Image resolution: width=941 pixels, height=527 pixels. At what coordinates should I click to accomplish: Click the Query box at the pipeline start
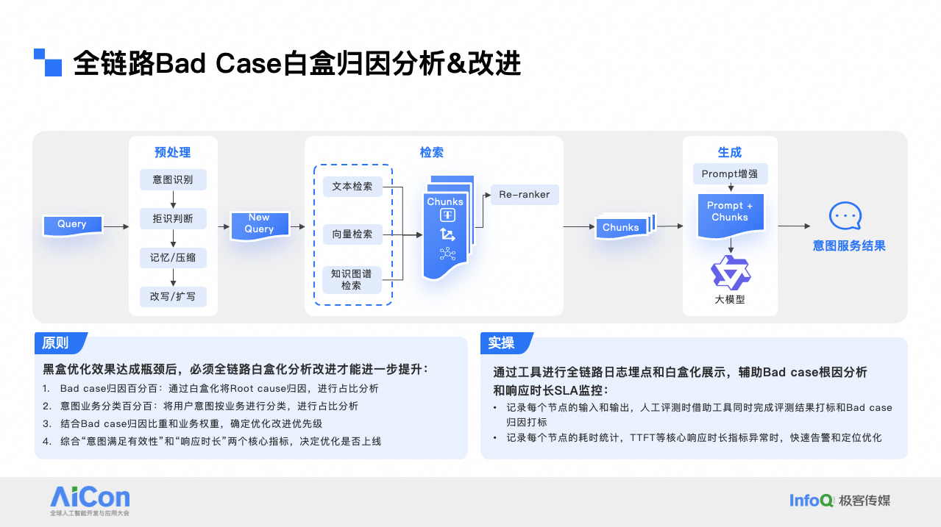click(72, 225)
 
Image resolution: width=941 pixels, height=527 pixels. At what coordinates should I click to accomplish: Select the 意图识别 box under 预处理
click(173, 179)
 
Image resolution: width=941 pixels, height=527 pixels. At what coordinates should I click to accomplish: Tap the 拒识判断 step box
click(173, 218)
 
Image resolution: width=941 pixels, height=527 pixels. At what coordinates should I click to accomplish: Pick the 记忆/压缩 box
click(173, 257)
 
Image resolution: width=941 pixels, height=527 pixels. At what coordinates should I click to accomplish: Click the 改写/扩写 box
click(173, 296)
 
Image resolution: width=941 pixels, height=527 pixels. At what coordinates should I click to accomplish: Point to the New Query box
click(259, 223)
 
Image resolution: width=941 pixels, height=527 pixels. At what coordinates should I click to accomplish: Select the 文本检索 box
click(352, 187)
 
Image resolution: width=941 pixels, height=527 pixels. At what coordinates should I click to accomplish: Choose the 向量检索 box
click(352, 234)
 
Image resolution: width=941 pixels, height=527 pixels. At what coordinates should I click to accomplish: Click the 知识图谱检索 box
click(352, 279)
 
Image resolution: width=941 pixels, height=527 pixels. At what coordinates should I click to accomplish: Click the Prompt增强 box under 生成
click(730, 174)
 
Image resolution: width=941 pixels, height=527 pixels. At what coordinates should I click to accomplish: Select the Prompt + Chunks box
click(730, 213)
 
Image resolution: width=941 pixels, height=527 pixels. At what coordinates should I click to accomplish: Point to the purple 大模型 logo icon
click(730, 273)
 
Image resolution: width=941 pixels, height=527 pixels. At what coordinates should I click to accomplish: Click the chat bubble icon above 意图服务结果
click(845, 216)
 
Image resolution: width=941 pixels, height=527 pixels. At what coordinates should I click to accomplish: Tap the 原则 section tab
click(57, 343)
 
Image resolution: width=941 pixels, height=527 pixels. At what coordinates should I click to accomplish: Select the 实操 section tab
click(503, 343)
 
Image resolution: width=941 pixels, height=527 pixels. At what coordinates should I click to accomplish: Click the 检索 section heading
click(432, 153)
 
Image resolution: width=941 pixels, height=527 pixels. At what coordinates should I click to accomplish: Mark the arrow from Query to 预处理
click(116, 226)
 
